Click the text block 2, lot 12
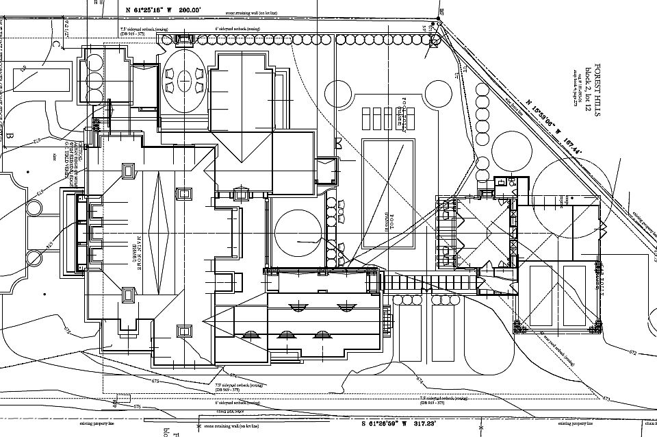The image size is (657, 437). click(x=588, y=90)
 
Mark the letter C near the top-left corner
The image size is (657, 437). click(x=56, y=45)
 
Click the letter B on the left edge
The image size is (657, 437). click(x=10, y=136)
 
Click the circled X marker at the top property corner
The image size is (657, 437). click(x=439, y=26)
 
